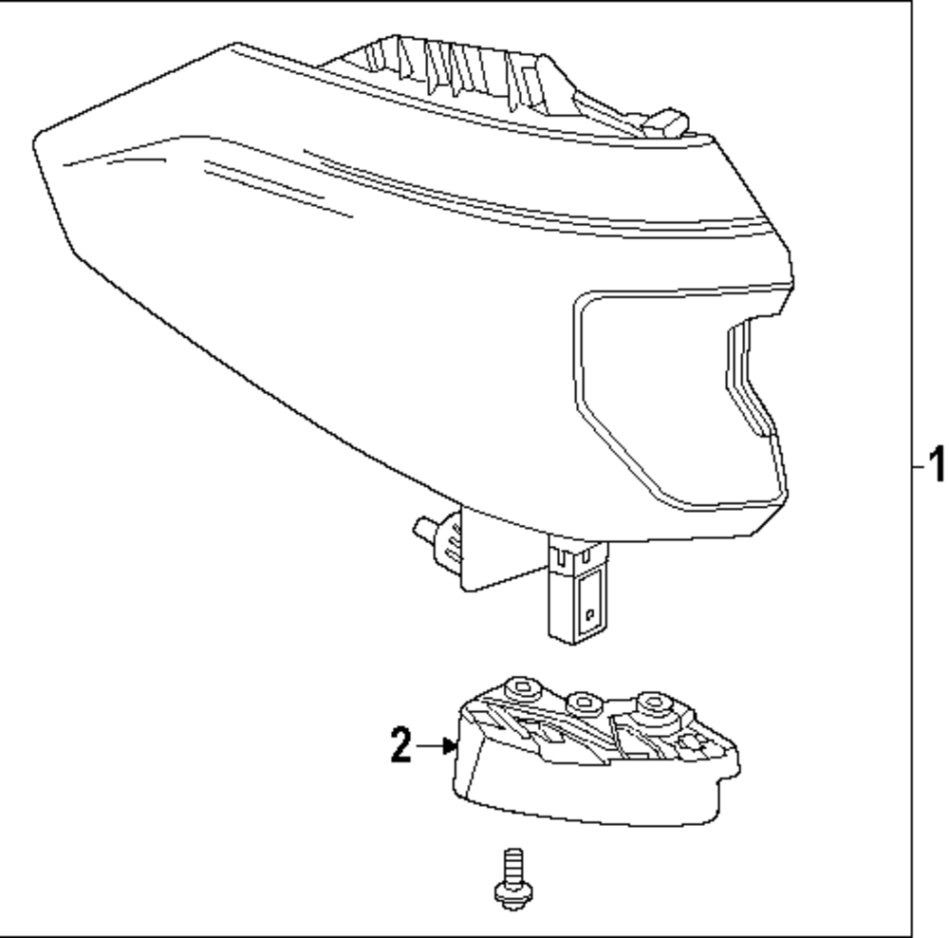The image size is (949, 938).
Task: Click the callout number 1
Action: [936, 466]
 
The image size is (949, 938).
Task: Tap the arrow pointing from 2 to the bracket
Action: [437, 747]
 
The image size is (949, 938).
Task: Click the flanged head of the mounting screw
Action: [513, 891]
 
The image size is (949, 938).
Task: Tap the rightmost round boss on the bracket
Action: [654, 704]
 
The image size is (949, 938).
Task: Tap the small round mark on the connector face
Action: [589, 613]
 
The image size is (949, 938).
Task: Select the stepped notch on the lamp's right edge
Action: [750, 380]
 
